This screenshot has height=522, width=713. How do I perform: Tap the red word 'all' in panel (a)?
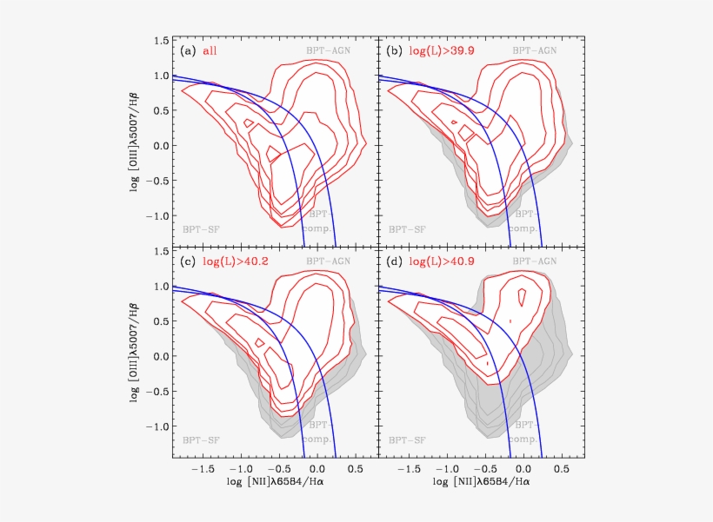210,51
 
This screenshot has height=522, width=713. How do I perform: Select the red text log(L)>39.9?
438,51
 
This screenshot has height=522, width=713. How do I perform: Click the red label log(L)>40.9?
438,261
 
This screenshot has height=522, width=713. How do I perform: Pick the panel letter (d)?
393,261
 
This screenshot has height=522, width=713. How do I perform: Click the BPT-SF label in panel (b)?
407,229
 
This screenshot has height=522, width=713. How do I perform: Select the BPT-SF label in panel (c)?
201,439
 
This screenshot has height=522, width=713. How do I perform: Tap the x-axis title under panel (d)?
481,480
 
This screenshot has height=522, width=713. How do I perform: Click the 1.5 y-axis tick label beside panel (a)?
161,41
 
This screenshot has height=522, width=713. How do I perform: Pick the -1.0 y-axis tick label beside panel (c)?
157,427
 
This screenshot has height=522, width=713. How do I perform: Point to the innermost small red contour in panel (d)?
521,297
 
